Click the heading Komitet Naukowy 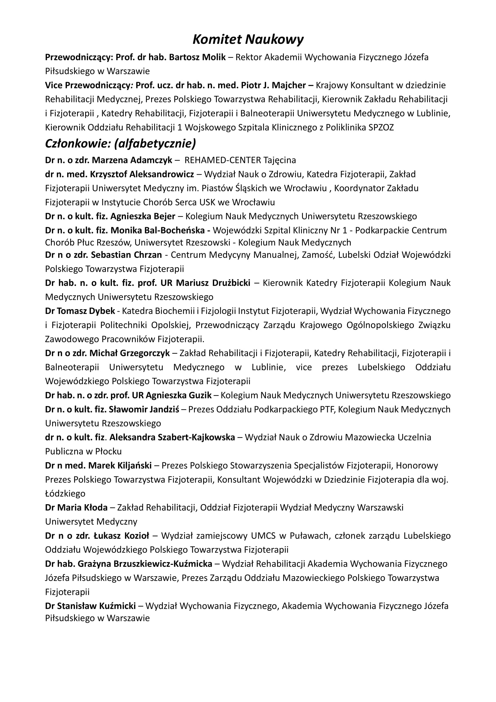248,40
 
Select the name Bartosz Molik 197,57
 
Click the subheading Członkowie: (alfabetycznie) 120,143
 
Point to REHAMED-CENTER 223,160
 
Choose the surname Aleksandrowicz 162,174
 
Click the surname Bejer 164,216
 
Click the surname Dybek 102,311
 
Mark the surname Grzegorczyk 145,353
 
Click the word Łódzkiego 65,493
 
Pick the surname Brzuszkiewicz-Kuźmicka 163,564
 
